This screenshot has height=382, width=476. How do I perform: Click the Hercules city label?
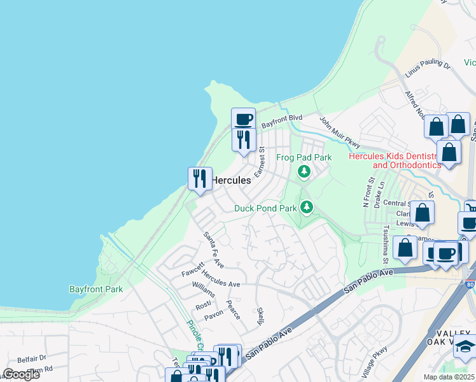coord(230,180)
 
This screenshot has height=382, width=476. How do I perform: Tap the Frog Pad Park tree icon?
coord(304,171)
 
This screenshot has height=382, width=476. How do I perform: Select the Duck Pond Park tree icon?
coord(307,207)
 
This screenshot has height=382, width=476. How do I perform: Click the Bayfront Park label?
coord(95,288)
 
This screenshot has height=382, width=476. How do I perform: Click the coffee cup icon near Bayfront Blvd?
coord(243,118)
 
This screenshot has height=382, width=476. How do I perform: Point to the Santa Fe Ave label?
coord(213,249)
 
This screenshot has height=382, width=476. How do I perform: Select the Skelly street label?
coord(260,316)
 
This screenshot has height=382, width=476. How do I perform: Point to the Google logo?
coord(21,374)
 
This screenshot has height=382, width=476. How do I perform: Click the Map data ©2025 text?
coord(449,377)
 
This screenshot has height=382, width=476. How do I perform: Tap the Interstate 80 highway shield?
coord(470,288)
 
